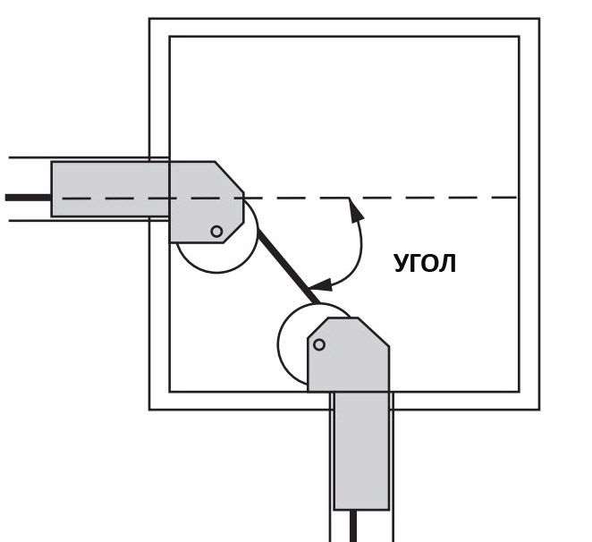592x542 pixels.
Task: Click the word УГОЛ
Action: pos(425,263)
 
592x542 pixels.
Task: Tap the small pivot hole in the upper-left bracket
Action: pos(216,231)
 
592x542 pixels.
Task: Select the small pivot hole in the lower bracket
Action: pos(319,344)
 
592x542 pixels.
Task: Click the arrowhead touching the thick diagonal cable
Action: pos(321,284)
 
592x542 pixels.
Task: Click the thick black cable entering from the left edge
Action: pos(29,198)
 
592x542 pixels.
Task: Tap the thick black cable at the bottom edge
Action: pos(353,526)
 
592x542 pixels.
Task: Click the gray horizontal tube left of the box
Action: pos(110,189)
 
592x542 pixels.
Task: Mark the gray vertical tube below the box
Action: pos(361,451)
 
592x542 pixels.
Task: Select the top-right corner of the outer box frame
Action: pos(539,18)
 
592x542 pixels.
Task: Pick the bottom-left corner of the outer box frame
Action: pos(149,409)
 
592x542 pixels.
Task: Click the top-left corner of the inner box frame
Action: pos(170,37)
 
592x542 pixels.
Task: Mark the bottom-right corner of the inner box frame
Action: pos(520,392)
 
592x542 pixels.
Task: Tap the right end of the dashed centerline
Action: pos(517,197)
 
